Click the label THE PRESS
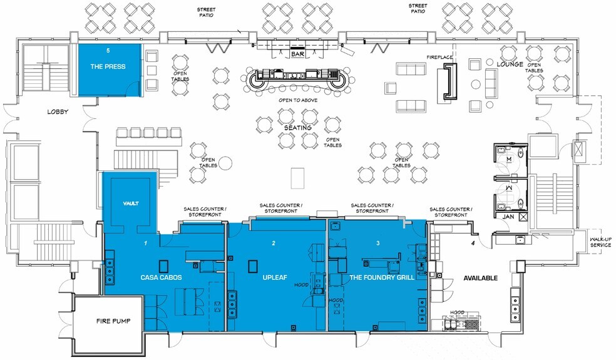coord(108,66)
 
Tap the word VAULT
coord(131,203)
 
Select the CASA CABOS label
coord(161,277)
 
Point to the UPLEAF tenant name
coord(275,277)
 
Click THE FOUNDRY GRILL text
coord(382,277)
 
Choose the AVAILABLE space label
coord(480,278)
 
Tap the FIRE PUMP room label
coord(113,321)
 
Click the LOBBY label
coord(58,111)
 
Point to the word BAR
coord(297,54)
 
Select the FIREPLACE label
coord(439,57)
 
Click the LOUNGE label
coord(510,64)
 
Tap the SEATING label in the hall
coord(298,128)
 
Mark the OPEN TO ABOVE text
coord(298,100)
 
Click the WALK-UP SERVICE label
coord(601,242)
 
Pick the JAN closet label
coord(508,217)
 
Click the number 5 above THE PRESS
coord(108,50)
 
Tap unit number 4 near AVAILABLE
coord(473,244)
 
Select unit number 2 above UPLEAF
coord(274,244)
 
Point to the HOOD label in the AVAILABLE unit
coord(457,312)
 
